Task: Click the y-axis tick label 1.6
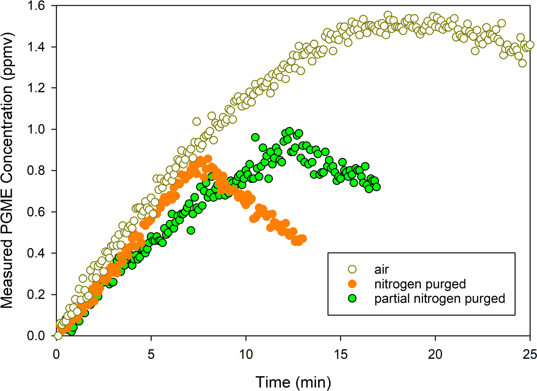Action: [36, 6]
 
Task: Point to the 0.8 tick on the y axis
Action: [36, 171]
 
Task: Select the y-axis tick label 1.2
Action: [36, 88]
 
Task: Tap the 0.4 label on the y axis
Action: [36, 253]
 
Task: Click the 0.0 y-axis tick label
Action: [36, 336]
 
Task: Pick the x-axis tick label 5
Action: [151, 355]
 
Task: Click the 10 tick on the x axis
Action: [246, 355]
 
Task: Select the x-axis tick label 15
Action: [341, 355]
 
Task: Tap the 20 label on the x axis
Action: [435, 355]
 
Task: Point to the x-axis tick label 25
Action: [529, 355]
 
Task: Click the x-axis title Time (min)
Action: [293, 382]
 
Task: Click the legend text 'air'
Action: [382, 269]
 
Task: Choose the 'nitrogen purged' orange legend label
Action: [420, 284]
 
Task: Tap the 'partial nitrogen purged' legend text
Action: [440, 299]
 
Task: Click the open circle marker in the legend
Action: [352, 269]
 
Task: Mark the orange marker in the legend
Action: [352, 284]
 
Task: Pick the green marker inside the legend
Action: [352, 299]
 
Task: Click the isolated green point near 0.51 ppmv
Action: [191, 230]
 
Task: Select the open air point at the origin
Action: [58, 336]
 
